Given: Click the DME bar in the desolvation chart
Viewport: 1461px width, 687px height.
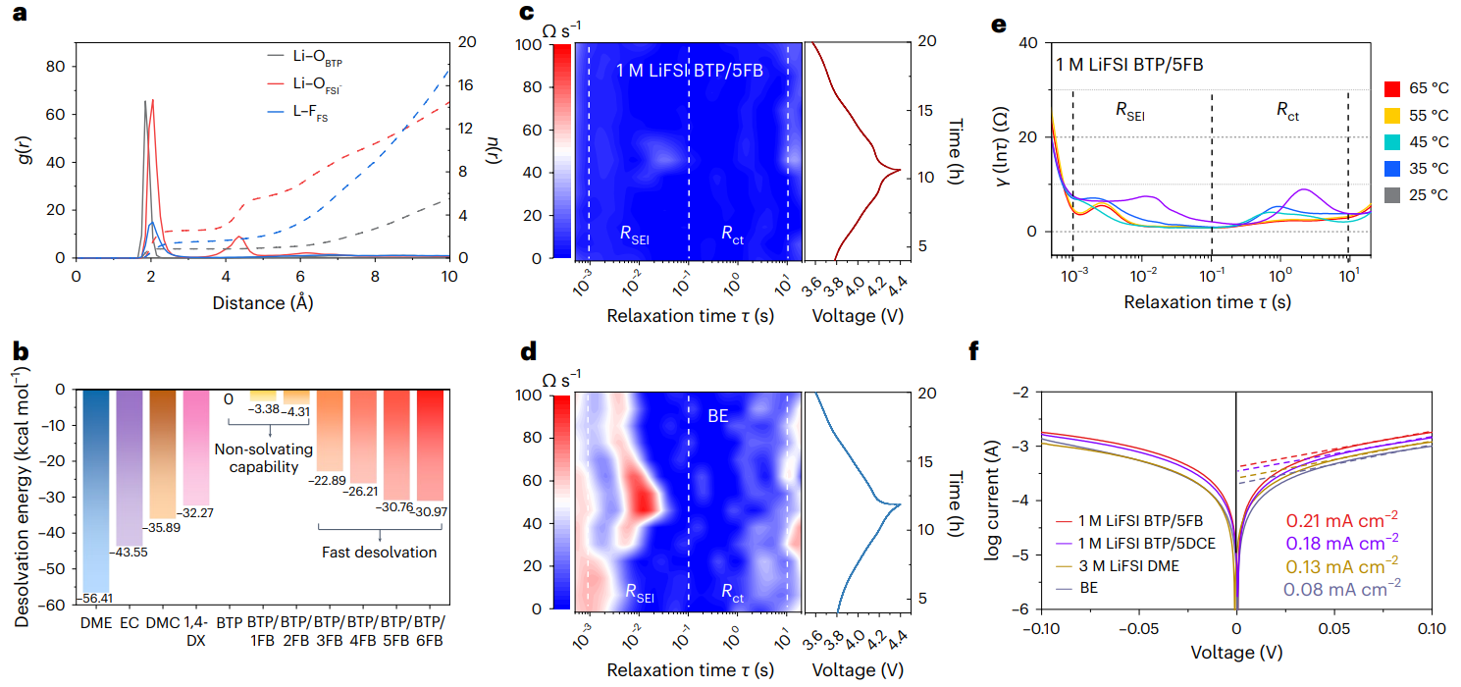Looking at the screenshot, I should pyautogui.click(x=96, y=491).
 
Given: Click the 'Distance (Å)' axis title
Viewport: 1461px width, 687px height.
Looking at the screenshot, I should pyautogui.click(x=262, y=302).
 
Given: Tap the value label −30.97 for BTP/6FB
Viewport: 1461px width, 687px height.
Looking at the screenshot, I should pyautogui.click(x=431, y=510).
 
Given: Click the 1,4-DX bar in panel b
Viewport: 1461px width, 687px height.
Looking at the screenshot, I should pyautogui.click(x=195, y=448).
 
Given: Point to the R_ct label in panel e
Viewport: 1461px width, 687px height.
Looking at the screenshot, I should pyautogui.click(x=1288, y=113).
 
